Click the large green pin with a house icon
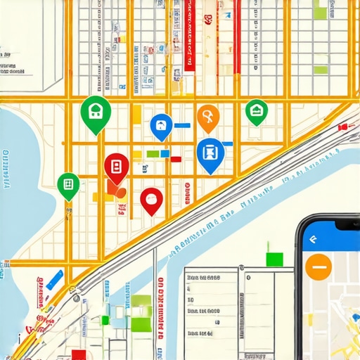click(x=96, y=111)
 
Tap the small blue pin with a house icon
click(x=161, y=126)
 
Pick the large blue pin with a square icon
click(x=210, y=151)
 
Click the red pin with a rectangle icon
click(x=116, y=167)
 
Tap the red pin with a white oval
click(x=151, y=199)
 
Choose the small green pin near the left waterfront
click(x=68, y=184)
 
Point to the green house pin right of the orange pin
click(x=256, y=110)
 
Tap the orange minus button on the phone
click(x=319, y=267)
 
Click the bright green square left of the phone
click(x=274, y=258)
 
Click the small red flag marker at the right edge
click(x=343, y=127)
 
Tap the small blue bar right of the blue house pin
click(x=182, y=125)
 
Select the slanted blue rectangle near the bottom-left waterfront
click(x=58, y=276)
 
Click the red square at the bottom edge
click(x=79, y=354)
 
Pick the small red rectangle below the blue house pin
click(x=175, y=159)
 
